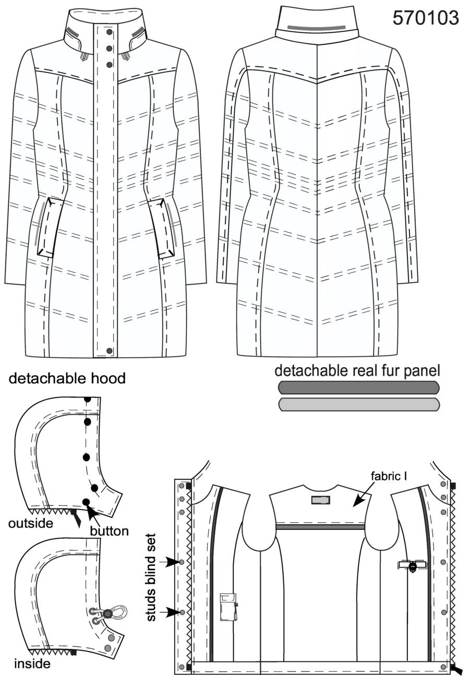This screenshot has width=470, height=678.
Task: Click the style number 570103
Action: (426, 18)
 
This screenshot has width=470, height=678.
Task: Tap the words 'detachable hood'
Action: (67, 378)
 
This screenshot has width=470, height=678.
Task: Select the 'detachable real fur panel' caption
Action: (357, 371)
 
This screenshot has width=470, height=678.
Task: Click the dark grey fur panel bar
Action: (358, 388)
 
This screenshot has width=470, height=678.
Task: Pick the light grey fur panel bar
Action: (358, 404)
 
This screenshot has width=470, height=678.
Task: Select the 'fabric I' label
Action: (389, 476)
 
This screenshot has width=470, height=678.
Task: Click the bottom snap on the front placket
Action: (110, 351)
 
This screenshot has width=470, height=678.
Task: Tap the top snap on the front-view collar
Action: (109, 32)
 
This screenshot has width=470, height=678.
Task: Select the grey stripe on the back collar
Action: (316, 27)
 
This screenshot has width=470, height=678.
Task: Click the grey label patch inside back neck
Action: (321, 500)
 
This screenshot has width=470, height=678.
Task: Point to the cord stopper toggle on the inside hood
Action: (107, 613)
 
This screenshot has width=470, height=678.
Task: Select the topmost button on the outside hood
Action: (88, 399)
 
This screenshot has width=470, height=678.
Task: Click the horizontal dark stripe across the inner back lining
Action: (320, 527)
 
